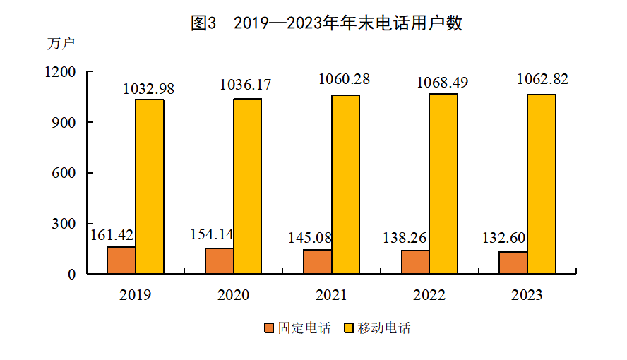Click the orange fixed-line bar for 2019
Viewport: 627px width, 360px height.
pyautogui.click(x=121, y=260)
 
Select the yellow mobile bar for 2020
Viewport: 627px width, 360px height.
pyautogui.click(x=247, y=186)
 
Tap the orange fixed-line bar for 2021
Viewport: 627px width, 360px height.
pyautogui.click(x=317, y=261)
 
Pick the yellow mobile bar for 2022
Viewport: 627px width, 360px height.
pyautogui.click(x=443, y=184)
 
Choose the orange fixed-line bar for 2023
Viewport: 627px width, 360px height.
pyautogui.click(x=513, y=263)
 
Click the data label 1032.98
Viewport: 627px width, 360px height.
pyautogui.click(x=148, y=89)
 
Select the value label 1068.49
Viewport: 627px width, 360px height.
pyautogui.click(x=442, y=83)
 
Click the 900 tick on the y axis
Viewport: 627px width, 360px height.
pyautogui.click(x=61, y=123)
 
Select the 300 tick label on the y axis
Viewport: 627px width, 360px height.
pyautogui.click(x=61, y=224)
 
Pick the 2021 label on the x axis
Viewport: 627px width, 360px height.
pyautogui.click(x=331, y=295)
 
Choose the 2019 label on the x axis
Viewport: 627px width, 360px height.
pyautogui.click(x=135, y=295)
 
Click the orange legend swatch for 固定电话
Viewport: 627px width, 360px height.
pyautogui.click(x=269, y=328)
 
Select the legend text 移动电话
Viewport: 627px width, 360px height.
pyautogui.click(x=383, y=328)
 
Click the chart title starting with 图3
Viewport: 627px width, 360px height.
pyautogui.click(x=326, y=23)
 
